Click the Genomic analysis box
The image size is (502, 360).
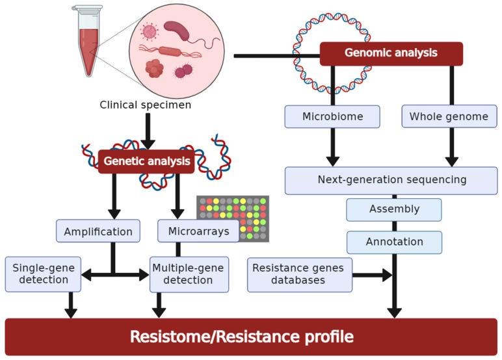[391, 54]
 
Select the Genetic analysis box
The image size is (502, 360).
[146, 162]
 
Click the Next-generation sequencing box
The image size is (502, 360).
[391, 180]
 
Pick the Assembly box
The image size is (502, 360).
[394, 209]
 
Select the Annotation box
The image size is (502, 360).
[394, 242]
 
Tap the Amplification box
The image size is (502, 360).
[98, 231]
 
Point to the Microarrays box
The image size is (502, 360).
[198, 231]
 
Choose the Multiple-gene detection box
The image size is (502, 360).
[189, 274]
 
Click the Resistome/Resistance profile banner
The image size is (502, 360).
[251, 337]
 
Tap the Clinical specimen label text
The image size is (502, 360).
[146, 104]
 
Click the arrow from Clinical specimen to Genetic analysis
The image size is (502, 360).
[148, 130]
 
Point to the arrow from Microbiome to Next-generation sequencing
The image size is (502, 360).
[332, 146]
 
